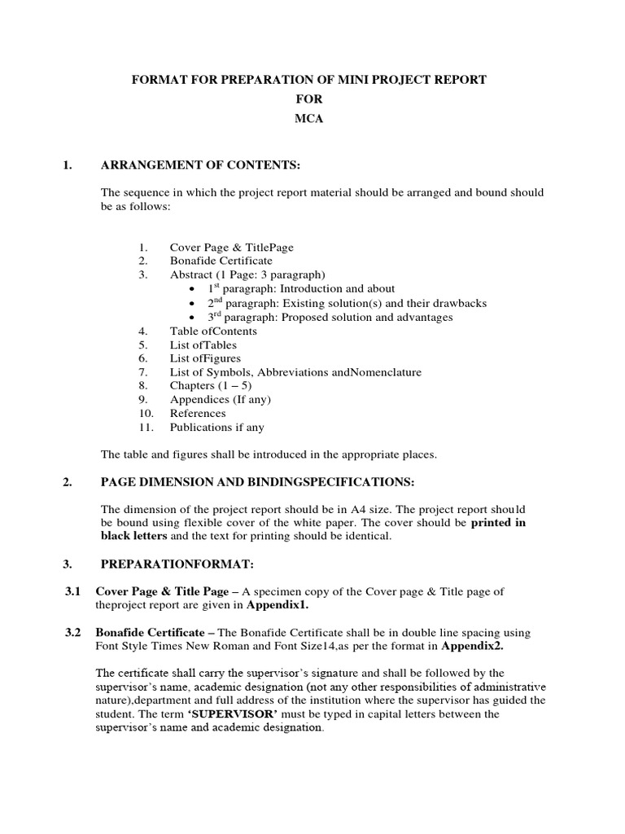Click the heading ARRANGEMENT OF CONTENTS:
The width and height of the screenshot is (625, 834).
coord(200,166)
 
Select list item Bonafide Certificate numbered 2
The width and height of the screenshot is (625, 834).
coord(221,261)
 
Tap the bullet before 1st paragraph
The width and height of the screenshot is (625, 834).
coord(191,289)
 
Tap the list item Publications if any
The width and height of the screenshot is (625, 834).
coord(216,428)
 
